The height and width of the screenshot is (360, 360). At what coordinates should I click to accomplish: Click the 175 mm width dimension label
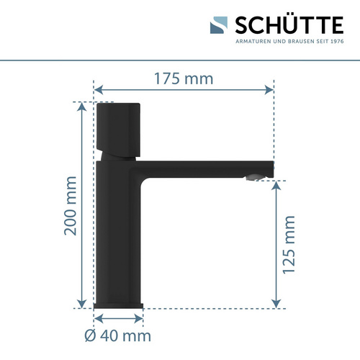[x=184, y=78]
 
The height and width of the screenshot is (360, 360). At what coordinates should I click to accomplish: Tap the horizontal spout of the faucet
[x=209, y=168]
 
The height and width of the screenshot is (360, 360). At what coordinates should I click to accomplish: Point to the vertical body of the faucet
[x=119, y=230]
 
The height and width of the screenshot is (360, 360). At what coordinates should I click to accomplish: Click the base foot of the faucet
[x=120, y=305]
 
